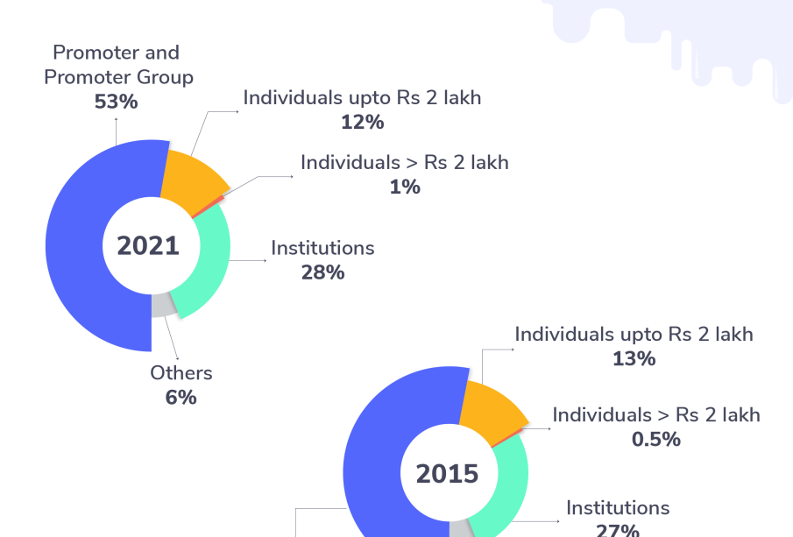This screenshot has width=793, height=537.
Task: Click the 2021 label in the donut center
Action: (148, 246)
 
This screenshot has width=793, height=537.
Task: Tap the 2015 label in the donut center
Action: (447, 474)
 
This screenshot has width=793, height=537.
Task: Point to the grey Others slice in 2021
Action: (161, 306)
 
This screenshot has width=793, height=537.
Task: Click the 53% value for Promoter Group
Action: (117, 102)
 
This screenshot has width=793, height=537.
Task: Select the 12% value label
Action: (362, 123)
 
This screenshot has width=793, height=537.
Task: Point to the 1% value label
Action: (405, 187)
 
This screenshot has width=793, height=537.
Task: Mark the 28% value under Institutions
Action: (322, 272)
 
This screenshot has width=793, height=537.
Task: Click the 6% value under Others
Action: (181, 397)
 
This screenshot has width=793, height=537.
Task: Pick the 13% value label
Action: (634, 358)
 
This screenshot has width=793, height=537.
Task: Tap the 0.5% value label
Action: (656, 439)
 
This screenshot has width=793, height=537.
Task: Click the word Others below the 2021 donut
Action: (181, 373)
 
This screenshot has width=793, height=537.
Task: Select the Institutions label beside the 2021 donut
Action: (322, 248)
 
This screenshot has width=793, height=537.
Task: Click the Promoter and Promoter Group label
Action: (118, 65)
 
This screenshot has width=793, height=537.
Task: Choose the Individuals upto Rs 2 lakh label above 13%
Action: (634, 334)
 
